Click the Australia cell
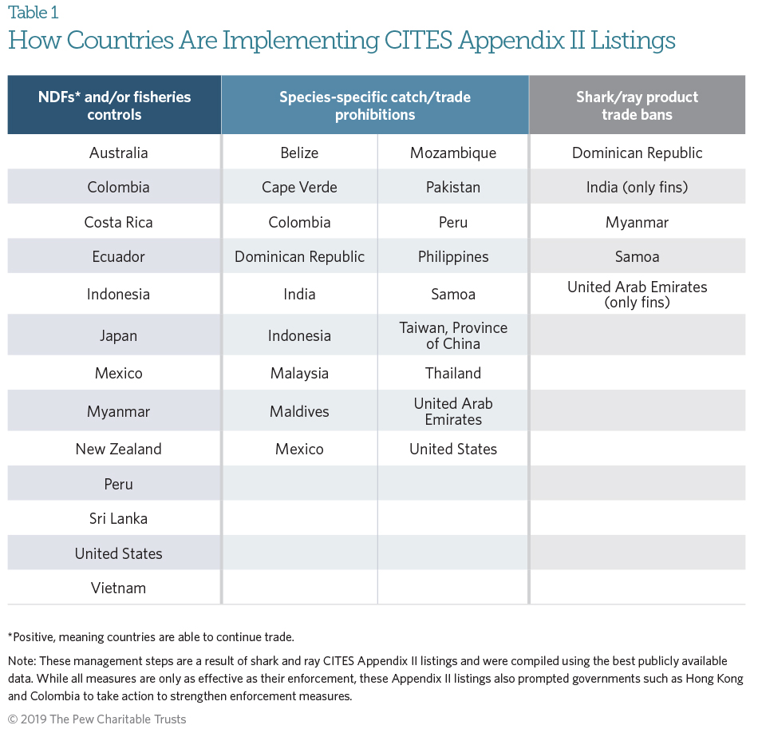click(118, 153)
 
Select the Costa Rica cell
click(118, 222)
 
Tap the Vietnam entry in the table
click(118, 588)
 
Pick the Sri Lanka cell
click(118, 518)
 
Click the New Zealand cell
click(118, 449)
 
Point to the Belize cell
click(299, 153)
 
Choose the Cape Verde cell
click(299, 188)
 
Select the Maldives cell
click(299, 411)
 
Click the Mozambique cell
click(453, 153)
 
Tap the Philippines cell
click(453, 256)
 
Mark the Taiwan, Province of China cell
click(453, 335)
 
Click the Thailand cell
click(453, 373)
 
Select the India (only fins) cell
click(637, 188)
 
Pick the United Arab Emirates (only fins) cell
click(637, 294)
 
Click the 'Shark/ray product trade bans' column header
click(637, 105)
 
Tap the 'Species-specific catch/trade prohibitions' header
click(374, 105)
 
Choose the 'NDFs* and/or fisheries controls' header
click(114, 105)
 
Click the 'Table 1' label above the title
click(33, 13)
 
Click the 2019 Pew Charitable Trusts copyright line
click(97, 719)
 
